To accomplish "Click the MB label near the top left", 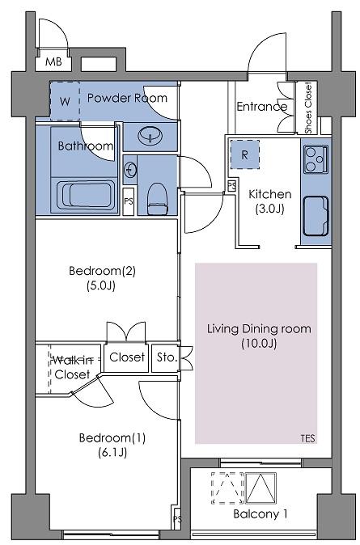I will click(x=53, y=62).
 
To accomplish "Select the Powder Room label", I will click(x=127, y=98).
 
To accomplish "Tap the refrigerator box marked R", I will click(x=244, y=154).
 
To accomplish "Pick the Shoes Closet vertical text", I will click(x=308, y=107).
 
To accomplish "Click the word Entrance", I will click(x=261, y=107).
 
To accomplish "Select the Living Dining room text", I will click(x=259, y=336).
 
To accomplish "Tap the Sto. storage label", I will click(x=167, y=357).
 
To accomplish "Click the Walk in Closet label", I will click(x=72, y=366).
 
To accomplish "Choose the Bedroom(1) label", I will click(x=112, y=445).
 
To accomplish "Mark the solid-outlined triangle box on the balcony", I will click(x=261, y=488).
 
